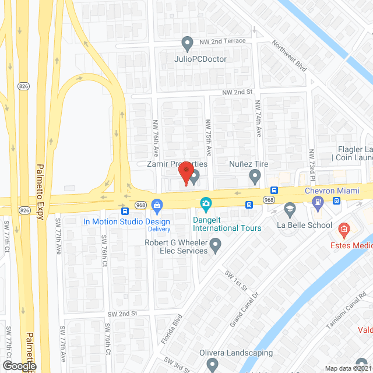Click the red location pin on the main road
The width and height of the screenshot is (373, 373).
click(x=185, y=174)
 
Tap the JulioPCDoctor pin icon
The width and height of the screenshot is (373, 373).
click(x=187, y=43)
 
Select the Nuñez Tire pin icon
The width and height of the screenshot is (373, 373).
click(x=255, y=175)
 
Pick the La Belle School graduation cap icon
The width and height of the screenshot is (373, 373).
click(x=290, y=209)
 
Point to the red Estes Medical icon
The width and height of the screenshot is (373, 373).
click(x=344, y=230)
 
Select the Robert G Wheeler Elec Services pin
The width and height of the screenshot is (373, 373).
click(x=216, y=246)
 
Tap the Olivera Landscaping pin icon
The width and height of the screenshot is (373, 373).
click(x=212, y=365)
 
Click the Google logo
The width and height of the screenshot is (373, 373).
click(x=19, y=365)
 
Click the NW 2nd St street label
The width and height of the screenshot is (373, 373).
click(x=236, y=92)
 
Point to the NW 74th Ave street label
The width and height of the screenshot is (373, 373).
click(x=258, y=118)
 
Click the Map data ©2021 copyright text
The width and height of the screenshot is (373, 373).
click(x=348, y=368)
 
